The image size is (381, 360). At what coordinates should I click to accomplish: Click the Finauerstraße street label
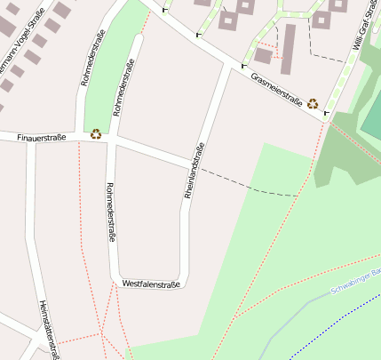[x=41, y=138]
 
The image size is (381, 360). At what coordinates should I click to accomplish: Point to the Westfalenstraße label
[x=151, y=284]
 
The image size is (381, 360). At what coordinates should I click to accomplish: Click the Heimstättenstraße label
[x=49, y=330]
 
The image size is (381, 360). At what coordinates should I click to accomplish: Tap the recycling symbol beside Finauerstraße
[x=96, y=134]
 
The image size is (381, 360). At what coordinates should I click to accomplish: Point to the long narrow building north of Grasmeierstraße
[x=288, y=49]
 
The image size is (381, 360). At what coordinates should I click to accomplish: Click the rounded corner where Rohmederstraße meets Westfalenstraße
[x=116, y=280]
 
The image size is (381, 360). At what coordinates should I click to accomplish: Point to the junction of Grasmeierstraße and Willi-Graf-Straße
[x=329, y=118]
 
